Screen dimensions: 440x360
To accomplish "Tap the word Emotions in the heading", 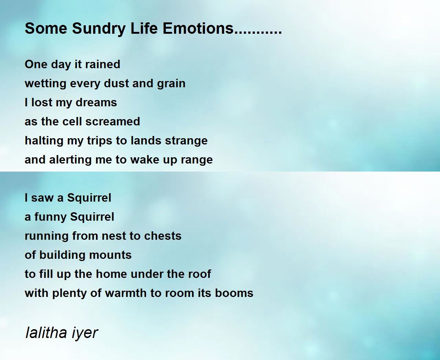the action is coord(198,28).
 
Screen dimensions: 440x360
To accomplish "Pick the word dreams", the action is coord(96,102).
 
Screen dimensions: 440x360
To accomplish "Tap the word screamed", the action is coord(113,121).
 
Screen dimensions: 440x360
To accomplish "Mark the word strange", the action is coord(186,141).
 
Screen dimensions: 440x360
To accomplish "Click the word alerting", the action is coord(70,160).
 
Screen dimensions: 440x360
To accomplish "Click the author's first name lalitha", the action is coord(46,333).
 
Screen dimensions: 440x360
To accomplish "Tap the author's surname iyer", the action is coord(84,334).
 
